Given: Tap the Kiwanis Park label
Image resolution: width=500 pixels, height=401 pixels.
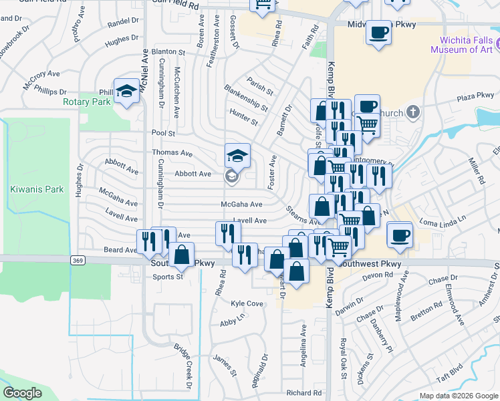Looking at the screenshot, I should [37, 189].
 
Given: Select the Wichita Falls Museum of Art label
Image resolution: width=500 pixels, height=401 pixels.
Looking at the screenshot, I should [462, 45].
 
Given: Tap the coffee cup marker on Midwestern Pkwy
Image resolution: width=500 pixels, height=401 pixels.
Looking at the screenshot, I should [378, 33].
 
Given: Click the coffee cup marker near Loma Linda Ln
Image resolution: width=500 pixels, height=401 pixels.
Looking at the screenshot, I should [400, 236].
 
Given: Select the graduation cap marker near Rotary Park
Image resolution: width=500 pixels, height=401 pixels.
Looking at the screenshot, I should [126, 91].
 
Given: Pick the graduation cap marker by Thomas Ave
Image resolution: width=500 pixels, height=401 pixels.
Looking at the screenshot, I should [237, 156].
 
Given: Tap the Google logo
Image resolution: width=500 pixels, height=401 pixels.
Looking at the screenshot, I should [22, 393].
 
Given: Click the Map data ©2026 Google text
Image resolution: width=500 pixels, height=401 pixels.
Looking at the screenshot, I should [458, 396].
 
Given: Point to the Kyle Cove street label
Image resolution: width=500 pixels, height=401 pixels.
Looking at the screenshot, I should [246, 303].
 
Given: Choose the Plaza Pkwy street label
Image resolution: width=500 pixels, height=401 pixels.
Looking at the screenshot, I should [475, 97].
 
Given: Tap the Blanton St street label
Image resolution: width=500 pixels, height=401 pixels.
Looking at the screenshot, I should [168, 51].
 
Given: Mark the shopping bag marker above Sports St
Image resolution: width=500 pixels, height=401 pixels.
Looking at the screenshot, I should [181, 255].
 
